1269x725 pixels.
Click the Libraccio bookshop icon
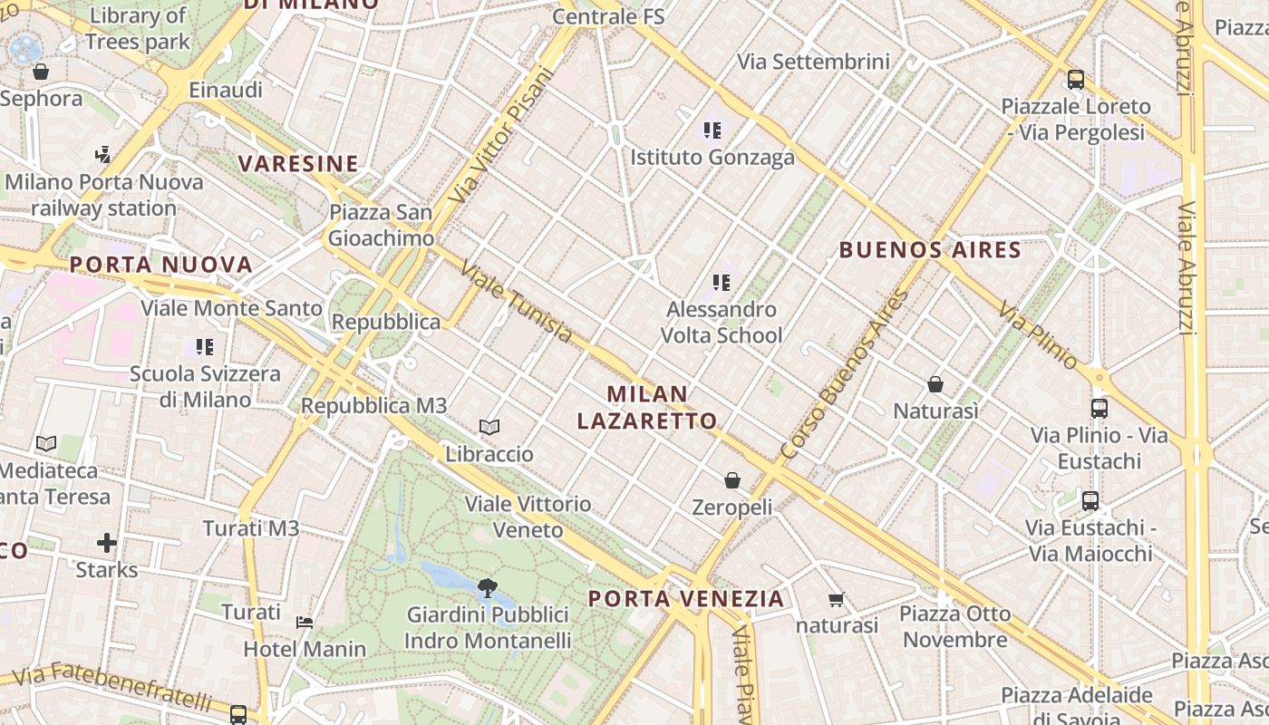click(x=489, y=427)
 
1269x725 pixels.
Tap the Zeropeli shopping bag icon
click(x=732, y=480)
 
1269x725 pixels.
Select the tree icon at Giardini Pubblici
click(x=488, y=587)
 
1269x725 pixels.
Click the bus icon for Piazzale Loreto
click(x=1076, y=80)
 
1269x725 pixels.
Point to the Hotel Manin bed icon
click(x=305, y=623)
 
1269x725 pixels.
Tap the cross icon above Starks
click(x=107, y=543)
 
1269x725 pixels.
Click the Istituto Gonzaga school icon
click(x=712, y=130)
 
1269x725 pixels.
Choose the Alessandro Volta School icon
click(x=722, y=283)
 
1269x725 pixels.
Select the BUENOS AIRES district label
click(x=930, y=250)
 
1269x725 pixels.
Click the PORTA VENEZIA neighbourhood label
click(x=686, y=598)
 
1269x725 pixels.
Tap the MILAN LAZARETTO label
click(x=647, y=407)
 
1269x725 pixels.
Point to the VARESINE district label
click(x=298, y=164)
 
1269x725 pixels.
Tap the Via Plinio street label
click(x=1039, y=336)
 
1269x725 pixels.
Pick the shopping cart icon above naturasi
click(x=836, y=599)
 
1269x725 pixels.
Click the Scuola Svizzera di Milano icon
click(x=205, y=346)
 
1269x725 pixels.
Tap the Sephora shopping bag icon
click(x=40, y=72)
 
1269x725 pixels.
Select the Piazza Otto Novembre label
click(x=954, y=626)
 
